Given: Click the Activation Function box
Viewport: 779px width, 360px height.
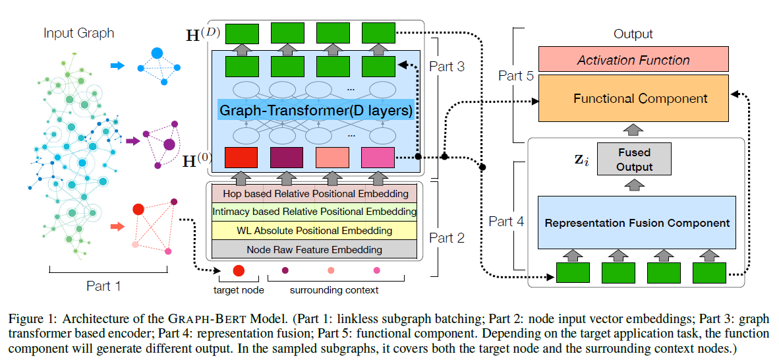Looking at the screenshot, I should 633,60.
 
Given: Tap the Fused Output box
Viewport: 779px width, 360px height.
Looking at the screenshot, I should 633,160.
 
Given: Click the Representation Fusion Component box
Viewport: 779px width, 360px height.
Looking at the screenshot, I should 637,222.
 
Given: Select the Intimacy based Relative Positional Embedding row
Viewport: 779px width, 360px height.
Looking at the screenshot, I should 314,212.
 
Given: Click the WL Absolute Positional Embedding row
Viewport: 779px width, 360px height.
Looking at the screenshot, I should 314,230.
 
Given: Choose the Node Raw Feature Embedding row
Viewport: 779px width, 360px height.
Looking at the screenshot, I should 314,249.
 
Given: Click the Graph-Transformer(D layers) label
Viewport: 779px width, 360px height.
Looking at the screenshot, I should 316,110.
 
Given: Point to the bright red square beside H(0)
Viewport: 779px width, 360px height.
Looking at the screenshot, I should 241,158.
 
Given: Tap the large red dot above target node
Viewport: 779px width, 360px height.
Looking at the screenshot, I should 239,270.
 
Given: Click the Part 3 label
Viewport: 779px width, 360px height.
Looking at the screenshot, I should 447,66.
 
